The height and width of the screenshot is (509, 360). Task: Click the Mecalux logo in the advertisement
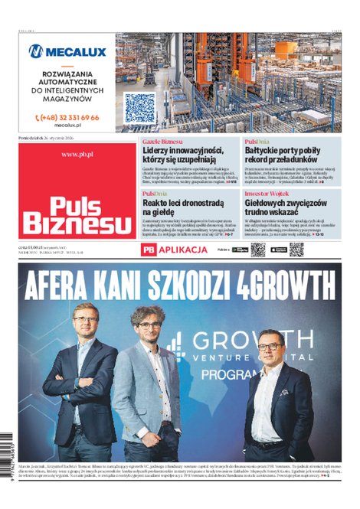pos(67,51)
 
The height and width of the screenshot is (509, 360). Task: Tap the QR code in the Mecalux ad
pos(139,108)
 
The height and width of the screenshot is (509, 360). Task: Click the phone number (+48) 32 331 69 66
pos(67,118)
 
